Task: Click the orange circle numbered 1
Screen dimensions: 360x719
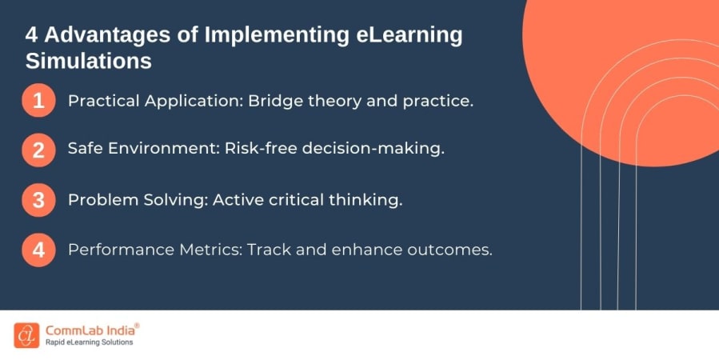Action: [38, 102]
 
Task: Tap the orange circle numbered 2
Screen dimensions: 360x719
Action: [38, 150]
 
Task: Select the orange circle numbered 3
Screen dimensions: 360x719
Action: [38, 200]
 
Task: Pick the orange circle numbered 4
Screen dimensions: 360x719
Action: [38, 250]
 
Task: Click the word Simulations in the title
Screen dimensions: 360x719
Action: [89, 61]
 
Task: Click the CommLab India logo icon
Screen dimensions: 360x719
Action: [26, 335]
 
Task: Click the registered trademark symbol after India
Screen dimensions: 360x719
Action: [137, 326]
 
